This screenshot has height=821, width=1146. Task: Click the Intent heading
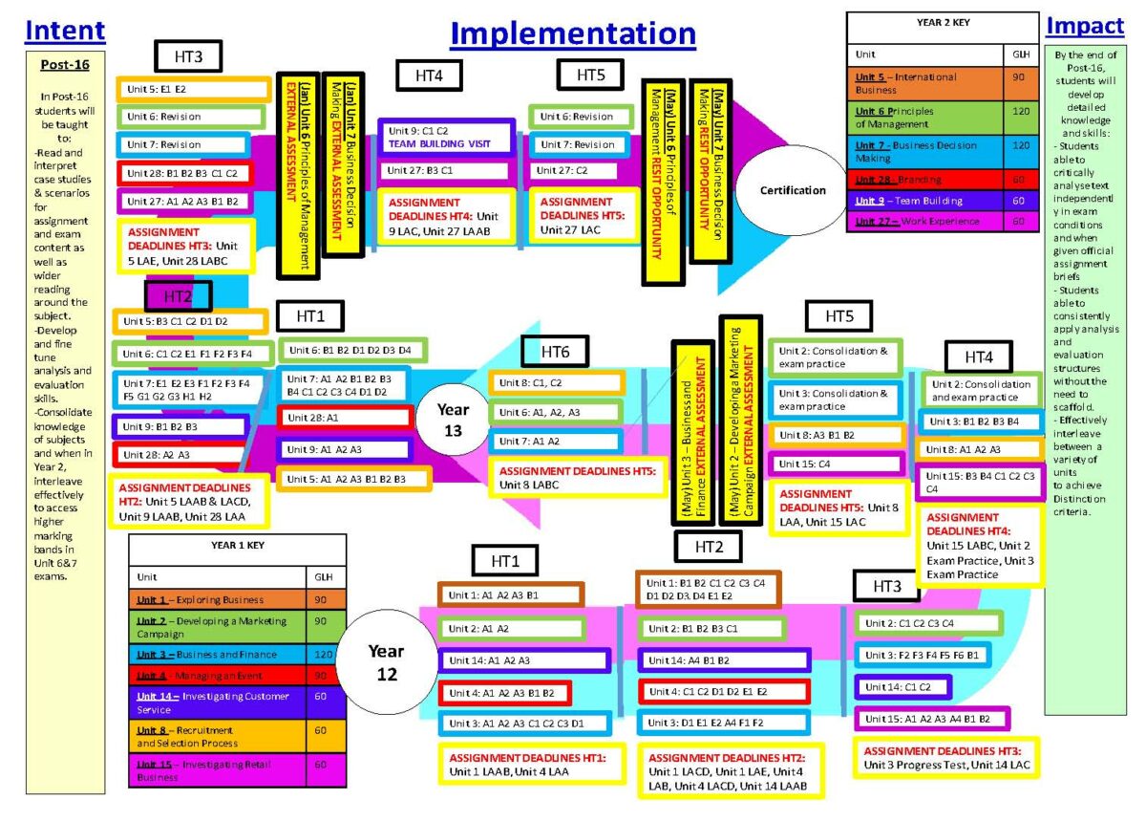[x=65, y=31]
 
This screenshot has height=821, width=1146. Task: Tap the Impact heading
[x=1084, y=26]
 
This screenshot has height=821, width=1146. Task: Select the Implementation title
[x=573, y=33]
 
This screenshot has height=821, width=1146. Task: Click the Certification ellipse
[x=793, y=190]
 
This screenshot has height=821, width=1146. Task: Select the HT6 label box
[x=555, y=352]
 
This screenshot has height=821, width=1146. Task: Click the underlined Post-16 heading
[x=65, y=65]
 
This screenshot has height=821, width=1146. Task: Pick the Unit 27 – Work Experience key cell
[x=924, y=222]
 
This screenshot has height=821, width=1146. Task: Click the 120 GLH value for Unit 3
[x=322, y=655]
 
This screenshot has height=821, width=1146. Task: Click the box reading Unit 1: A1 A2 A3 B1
[x=510, y=594]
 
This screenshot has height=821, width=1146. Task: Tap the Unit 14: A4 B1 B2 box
[x=724, y=660]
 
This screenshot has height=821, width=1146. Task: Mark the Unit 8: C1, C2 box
[x=557, y=383]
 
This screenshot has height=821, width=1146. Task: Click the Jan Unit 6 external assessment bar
[x=297, y=176]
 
